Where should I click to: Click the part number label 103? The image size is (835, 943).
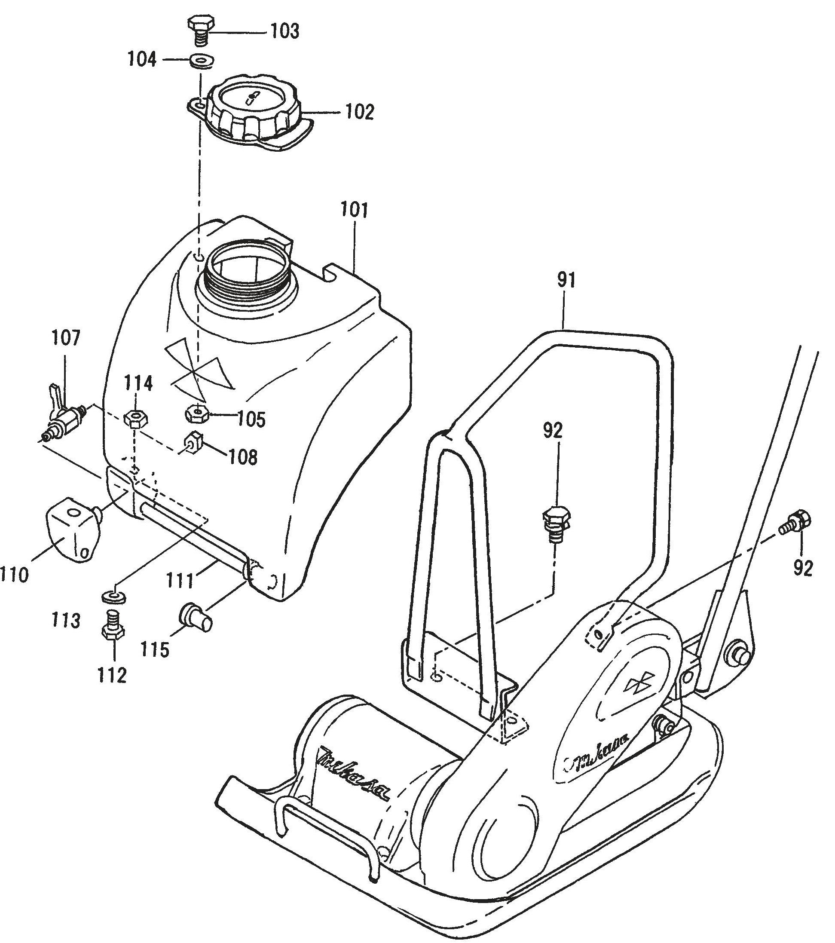[285, 32]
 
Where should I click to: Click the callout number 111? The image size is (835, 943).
[180, 580]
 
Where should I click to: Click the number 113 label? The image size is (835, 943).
[66, 620]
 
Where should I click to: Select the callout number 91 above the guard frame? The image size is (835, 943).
[566, 281]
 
